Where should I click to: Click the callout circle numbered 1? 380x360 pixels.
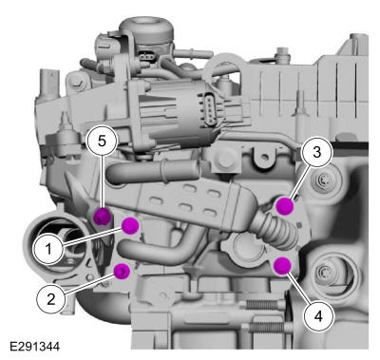[48, 249]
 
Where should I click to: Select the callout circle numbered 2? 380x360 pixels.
[51, 298]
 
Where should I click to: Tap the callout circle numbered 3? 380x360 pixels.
[317, 152]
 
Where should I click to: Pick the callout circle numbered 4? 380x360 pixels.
[318, 315]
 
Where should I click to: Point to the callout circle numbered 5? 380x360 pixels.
[102, 141]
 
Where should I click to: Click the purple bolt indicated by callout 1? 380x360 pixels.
[130, 225]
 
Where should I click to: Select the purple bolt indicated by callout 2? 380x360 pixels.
[123, 272]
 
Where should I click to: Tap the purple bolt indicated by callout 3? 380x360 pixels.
[285, 206]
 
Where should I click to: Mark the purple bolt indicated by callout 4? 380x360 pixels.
[282, 265]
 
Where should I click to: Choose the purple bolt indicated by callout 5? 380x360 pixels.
[104, 217]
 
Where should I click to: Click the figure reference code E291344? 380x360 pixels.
[34, 346]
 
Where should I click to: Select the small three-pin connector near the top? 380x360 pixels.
[146, 57]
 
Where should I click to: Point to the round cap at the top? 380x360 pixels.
[146, 28]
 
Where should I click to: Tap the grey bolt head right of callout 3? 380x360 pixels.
[321, 181]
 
